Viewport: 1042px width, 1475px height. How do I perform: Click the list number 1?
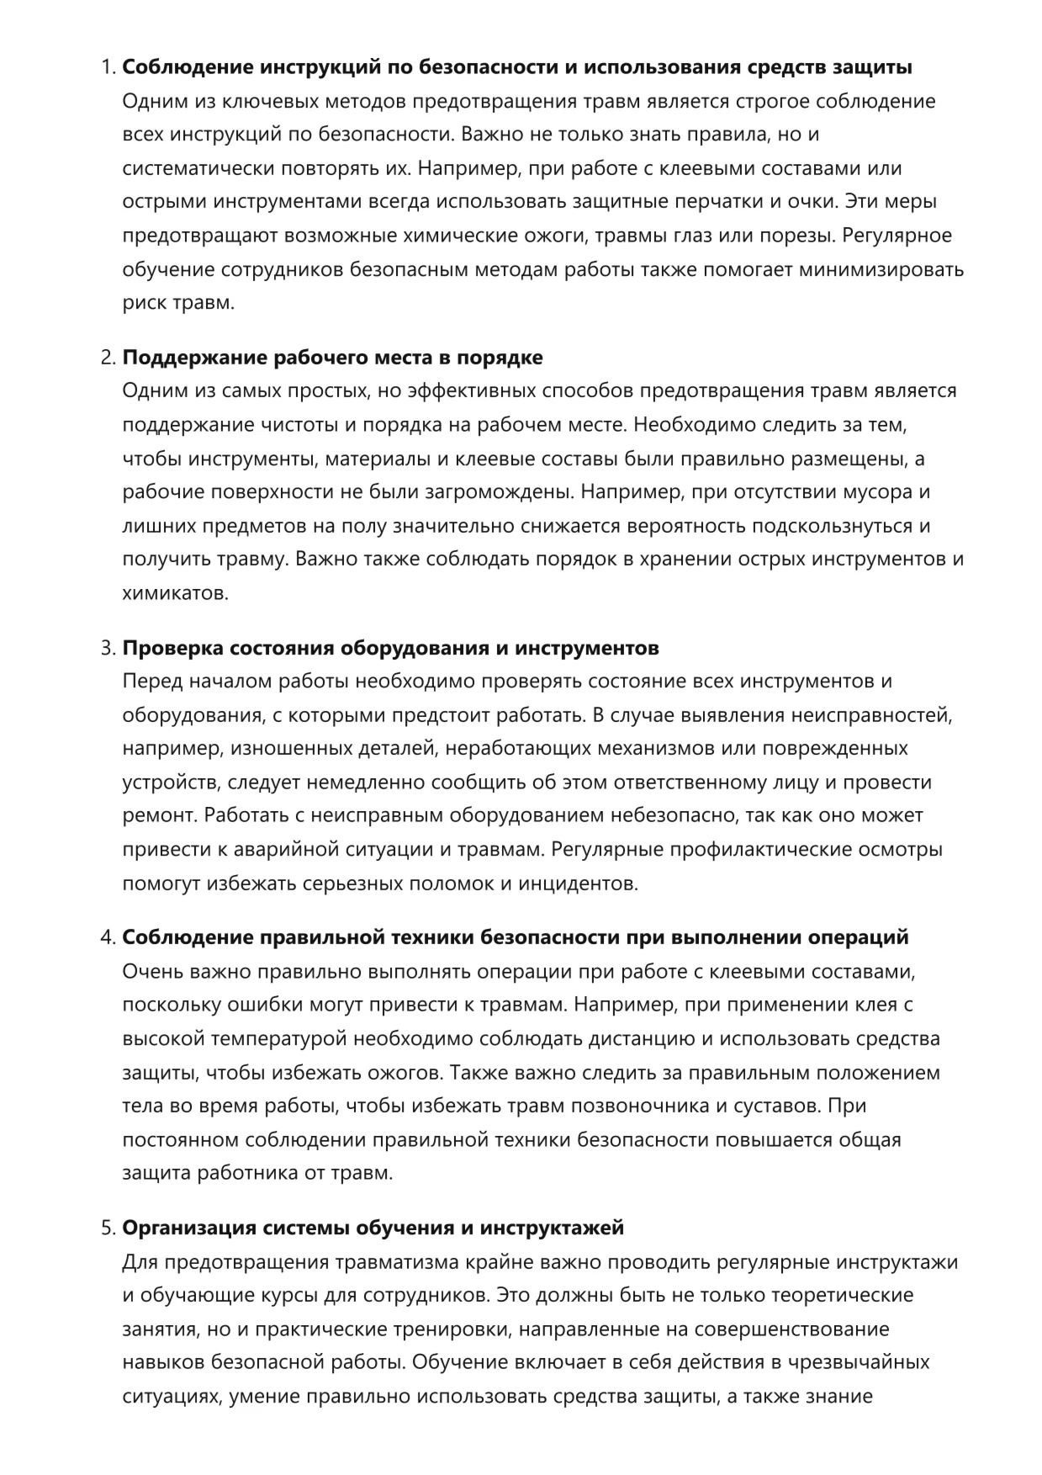tap(107, 68)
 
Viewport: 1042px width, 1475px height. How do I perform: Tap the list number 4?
tap(108, 937)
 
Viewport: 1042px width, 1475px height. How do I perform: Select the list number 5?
tap(108, 1228)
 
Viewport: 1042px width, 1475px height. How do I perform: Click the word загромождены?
tap(499, 492)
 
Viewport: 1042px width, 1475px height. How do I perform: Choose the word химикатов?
tap(175, 593)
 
